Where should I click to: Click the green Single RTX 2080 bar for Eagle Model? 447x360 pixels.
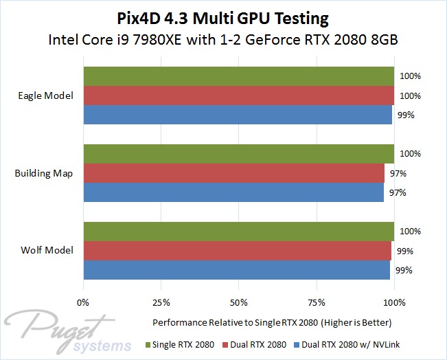(x=238, y=76)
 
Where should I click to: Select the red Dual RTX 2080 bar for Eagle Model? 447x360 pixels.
(x=238, y=95)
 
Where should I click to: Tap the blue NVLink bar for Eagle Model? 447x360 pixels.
(x=238, y=115)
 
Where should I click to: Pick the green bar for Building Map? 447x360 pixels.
(x=238, y=153)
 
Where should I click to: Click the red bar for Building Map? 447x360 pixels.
(x=234, y=173)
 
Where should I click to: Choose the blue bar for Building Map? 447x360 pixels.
(x=233, y=192)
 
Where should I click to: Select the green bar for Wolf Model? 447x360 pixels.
(x=238, y=232)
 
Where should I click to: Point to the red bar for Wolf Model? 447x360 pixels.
(x=237, y=251)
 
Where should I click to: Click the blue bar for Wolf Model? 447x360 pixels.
(x=237, y=270)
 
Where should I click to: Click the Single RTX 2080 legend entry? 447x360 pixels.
(x=181, y=343)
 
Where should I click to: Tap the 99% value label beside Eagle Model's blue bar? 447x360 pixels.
(x=405, y=115)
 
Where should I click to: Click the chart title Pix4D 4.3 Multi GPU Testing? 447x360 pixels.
(x=224, y=16)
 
